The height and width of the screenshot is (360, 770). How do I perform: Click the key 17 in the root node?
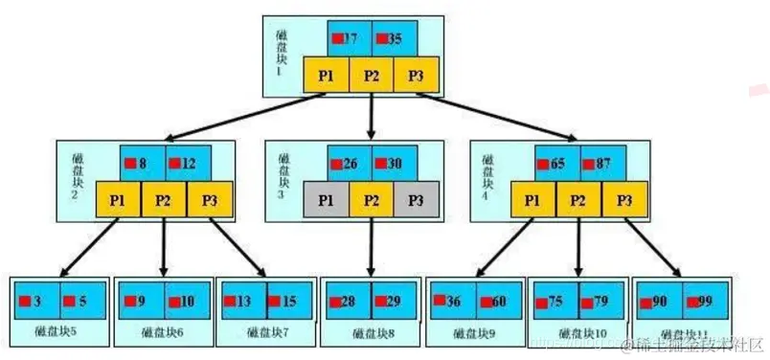point(349,39)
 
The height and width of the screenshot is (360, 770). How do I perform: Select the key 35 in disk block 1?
point(394,39)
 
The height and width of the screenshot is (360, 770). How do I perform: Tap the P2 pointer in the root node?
point(371,76)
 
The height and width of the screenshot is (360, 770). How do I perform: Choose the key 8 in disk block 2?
point(142,163)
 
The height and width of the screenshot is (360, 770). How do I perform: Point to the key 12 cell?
point(188,163)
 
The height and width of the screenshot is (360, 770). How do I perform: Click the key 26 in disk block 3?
point(349,163)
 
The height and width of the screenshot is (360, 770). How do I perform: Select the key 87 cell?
point(600,163)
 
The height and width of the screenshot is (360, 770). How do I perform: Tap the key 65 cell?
point(555,163)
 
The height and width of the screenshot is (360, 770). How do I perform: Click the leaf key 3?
point(37,300)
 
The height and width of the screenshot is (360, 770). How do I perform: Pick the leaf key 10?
point(186,300)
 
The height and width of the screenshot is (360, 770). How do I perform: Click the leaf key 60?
point(497,300)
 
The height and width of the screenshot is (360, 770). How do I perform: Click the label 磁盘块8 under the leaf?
point(370,333)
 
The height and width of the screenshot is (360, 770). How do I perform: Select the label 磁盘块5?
point(59,333)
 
